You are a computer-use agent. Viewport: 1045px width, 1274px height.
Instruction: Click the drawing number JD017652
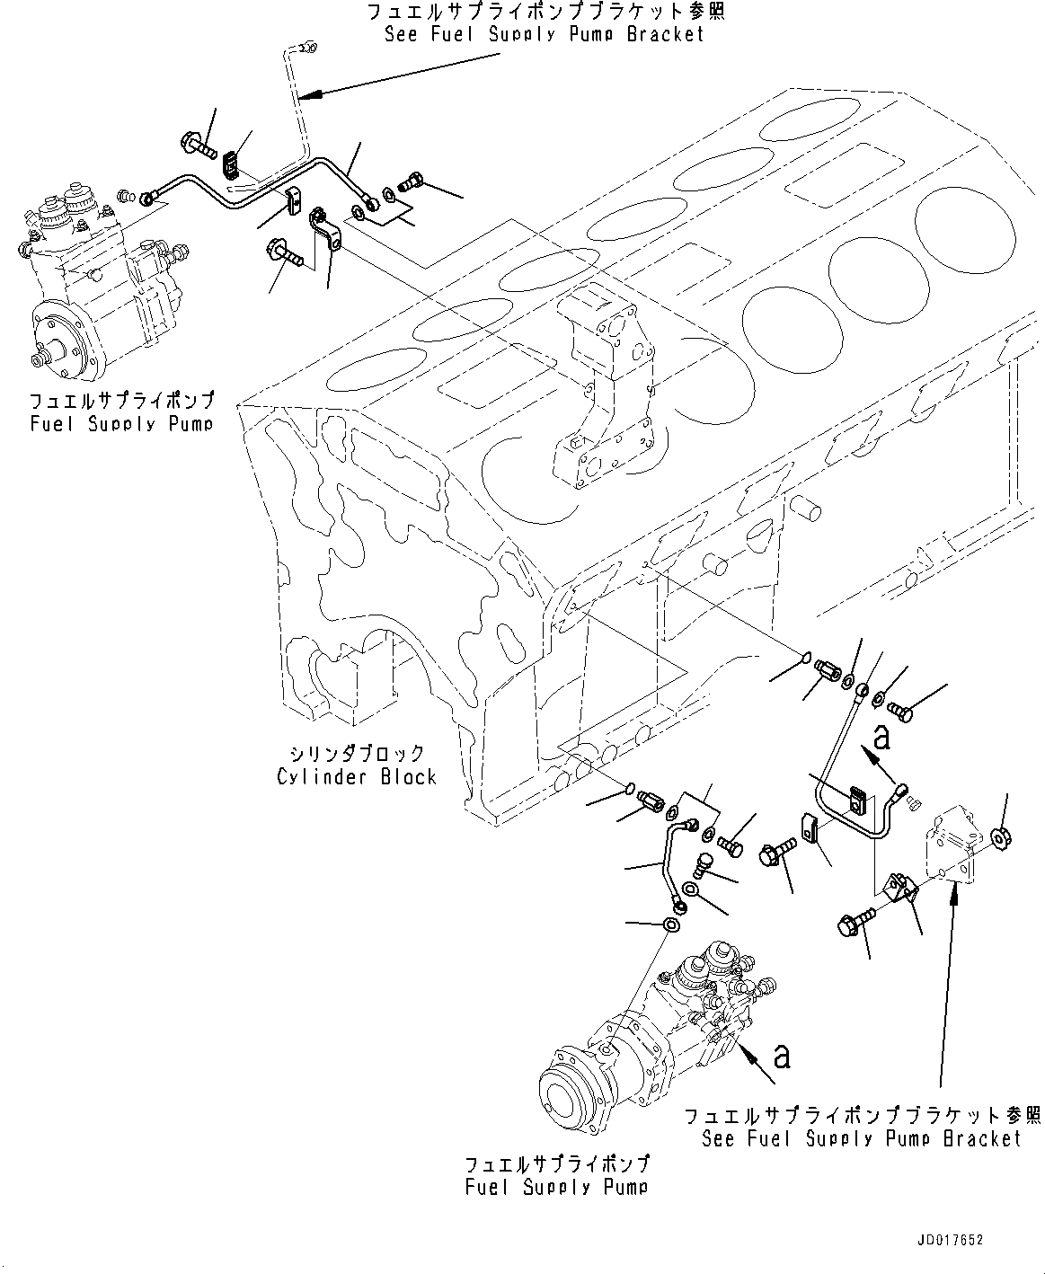click(950, 1240)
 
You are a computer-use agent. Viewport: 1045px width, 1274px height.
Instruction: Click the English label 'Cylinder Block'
click(357, 776)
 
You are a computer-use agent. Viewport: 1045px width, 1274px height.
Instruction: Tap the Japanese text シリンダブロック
click(357, 753)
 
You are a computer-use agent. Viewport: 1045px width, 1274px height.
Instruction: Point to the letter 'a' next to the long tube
click(881, 739)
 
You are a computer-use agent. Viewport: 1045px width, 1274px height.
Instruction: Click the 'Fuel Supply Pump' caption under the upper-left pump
click(121, 423)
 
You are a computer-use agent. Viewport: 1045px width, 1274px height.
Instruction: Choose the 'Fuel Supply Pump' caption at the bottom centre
click(556, 1187)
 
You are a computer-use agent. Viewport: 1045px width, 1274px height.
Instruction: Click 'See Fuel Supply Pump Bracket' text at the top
click(544, 34)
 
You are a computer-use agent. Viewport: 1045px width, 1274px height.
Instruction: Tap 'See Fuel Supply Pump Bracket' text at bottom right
click(861, 1138)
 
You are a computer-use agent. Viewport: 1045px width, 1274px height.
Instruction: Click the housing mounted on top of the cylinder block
click(599, 386)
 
